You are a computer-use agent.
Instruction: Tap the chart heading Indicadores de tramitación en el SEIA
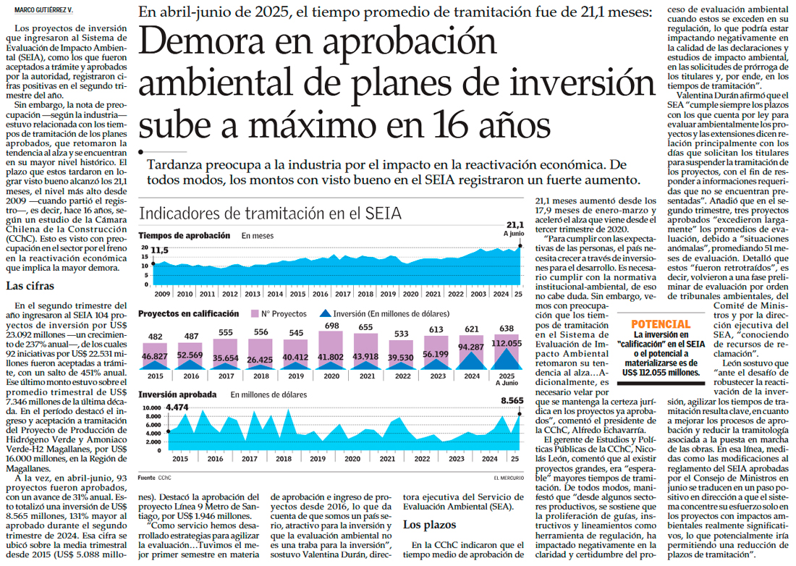(x=269, y=214)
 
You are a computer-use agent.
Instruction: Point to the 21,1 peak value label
(x=514, y=225)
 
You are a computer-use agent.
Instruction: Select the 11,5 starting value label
(x=160, y=250)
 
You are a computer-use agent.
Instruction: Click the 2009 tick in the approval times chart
(x=161, y=294)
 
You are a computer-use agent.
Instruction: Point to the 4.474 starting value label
(x=178, y=407)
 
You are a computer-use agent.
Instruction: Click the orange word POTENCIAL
(x=661, y=324)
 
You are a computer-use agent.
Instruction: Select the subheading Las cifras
(x=28, y=286)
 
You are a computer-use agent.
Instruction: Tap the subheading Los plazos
(x=429, y=524)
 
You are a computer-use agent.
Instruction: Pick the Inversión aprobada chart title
(x=177, y=394)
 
